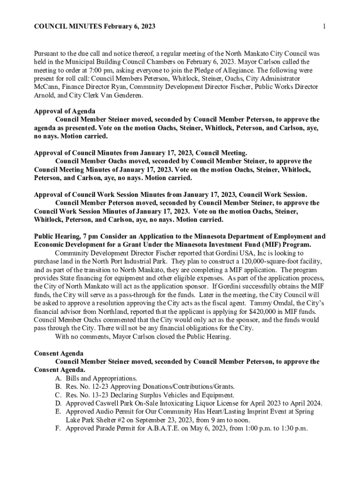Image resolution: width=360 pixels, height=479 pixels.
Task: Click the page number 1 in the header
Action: [x=324, y=26]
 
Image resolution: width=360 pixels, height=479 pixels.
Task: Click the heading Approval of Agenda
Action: [x=65, y=111]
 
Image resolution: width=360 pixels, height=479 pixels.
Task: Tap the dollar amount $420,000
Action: [x=265, y=312]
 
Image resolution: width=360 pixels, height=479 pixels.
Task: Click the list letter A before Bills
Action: [x=58, y=378]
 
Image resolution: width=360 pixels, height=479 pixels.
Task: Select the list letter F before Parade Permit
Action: [x=58, y=428]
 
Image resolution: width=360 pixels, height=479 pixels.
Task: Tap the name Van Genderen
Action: [x=136, y=95]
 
